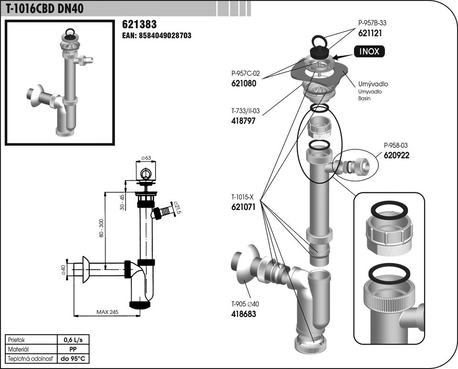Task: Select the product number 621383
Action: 139,24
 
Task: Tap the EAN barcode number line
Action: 156,35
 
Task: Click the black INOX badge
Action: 369,52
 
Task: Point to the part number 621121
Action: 370,33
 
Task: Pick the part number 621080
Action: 244,84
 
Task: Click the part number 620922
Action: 396,155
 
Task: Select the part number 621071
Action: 243,207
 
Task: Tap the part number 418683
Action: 244,314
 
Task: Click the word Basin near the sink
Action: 364,98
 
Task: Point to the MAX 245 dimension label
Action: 107,312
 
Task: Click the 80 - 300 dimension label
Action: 101,228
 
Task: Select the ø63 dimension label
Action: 146,158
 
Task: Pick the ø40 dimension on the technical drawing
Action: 63,270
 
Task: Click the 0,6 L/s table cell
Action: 73,340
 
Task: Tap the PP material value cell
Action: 73,349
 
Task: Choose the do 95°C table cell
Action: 73,358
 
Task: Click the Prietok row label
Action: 17,340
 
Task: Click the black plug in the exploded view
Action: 320,52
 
